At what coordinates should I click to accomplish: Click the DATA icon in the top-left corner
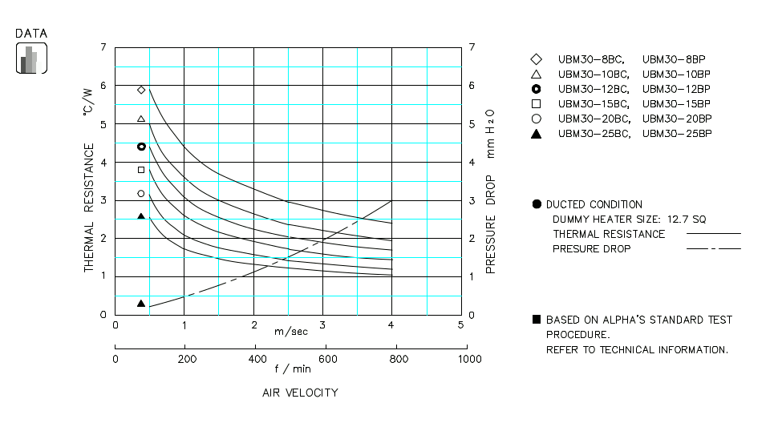(x=31, y=58)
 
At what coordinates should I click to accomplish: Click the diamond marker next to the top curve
(x=141, y=90)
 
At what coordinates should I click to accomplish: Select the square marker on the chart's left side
(x=141, y=170)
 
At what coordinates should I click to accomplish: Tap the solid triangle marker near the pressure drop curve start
(x=141, y=304)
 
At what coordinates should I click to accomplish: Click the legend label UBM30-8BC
(x=589, y=59)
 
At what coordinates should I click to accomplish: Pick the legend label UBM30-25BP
(x=677, y=133)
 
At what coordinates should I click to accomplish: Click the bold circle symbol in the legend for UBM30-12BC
(x=536, y=88)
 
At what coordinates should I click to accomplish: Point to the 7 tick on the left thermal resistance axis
(x=103, y=48)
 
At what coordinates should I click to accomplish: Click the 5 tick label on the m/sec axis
(x=460, y=324)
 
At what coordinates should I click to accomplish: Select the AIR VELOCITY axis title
(x=300, y=393)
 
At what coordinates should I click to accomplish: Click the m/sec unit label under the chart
(x=290, y=331)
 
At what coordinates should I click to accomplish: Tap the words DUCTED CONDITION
(x=594, y=204)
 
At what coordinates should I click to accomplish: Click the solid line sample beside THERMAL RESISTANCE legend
(x=713, y=234)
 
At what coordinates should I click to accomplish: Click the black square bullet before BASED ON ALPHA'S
(x=536, y=319)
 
